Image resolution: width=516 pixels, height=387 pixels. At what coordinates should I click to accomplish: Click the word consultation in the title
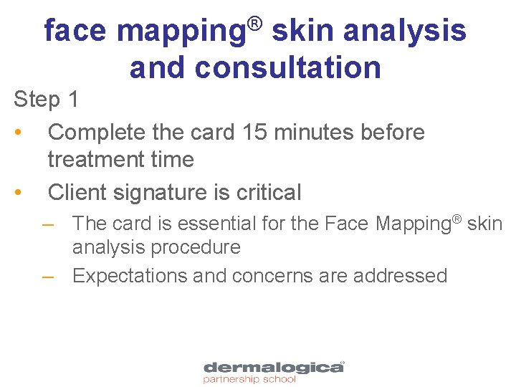coord(287,67)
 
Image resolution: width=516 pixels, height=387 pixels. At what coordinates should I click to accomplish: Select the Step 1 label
coord(46,100)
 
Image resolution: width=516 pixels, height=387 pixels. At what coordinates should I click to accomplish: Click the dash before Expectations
coord(48,276)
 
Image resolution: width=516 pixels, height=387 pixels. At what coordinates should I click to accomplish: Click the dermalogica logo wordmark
coord(273,368)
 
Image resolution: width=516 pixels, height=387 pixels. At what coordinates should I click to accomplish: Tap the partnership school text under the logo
coord(249,380)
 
